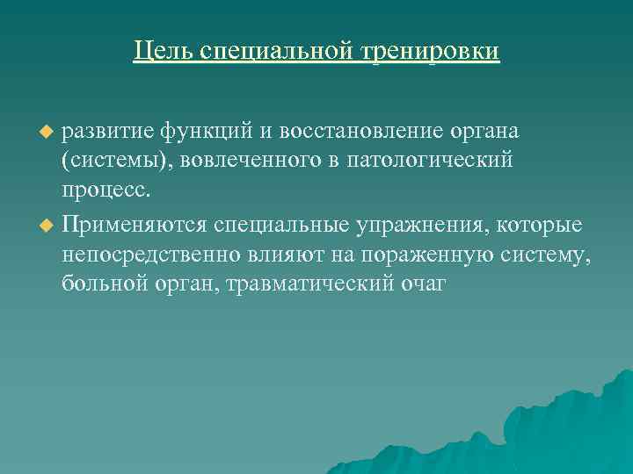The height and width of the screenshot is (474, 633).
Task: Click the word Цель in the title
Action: click(164, 50)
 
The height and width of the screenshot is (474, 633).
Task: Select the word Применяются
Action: click(134, 226)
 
